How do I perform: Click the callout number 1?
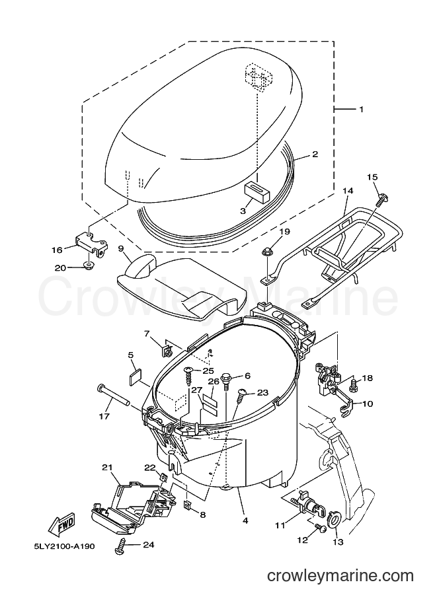pyautogui.click(x=361, y=110)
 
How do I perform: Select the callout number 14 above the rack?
pyautogui.click(x=348, y=191)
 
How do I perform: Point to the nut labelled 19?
pyautogui.click(x=266, y=252)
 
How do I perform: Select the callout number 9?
pyautogui.click(x=121, y=249)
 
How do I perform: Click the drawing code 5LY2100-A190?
pyautogui.click(x=61, y=546)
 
